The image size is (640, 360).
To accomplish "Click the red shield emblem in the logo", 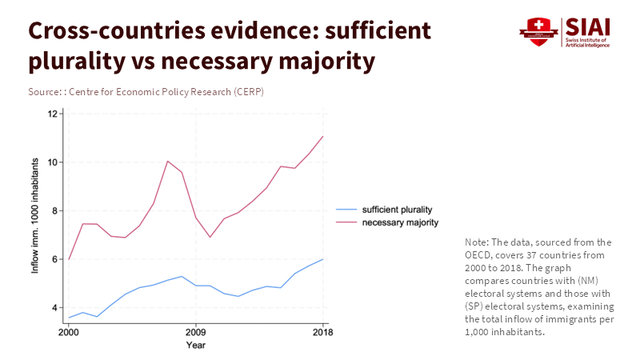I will [x=538, y=31].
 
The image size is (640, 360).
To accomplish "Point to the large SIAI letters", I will [x=586, y=26].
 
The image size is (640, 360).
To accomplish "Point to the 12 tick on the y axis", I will [x=53, y=114].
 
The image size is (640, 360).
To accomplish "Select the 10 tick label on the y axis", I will [x=53, y=162].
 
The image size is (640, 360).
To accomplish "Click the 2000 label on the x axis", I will [x=69, y=332].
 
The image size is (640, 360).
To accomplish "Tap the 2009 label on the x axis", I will [x=196, y=332].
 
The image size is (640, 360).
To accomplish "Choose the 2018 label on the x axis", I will [x=322, y=332].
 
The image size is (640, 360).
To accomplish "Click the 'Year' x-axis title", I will [x=196, y=345].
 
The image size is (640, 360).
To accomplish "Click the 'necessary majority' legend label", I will [x=400, y=222].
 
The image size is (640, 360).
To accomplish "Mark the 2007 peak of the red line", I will [x=167, y=161].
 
